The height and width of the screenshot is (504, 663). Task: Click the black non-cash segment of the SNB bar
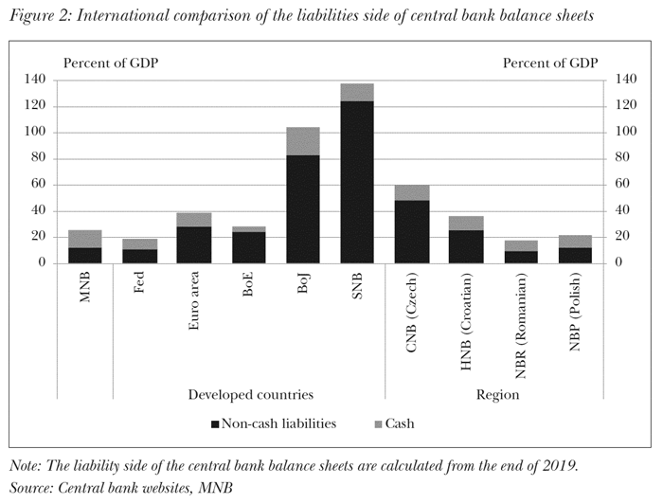[x=357, y=180]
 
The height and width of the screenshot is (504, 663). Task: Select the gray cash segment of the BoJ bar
[x=303, y=140]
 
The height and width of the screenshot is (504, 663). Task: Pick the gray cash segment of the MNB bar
[x=85, y=239]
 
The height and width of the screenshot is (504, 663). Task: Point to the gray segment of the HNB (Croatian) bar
[x=466, y=223]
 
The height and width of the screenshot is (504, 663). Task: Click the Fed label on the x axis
[x=139, y=284]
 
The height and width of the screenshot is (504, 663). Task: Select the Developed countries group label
[x=250, y=393]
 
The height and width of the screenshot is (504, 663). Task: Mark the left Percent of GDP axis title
[x=111, y=63]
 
